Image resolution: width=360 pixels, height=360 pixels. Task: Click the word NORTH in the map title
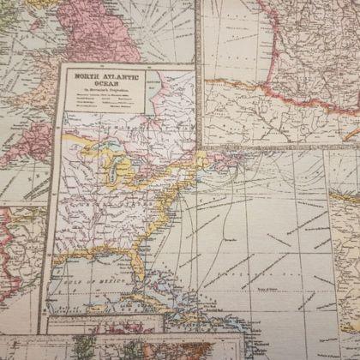pos(84,75)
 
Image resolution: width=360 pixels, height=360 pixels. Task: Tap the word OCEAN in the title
pos(99,83)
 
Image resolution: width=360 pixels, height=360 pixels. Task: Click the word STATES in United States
pos(111,210)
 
